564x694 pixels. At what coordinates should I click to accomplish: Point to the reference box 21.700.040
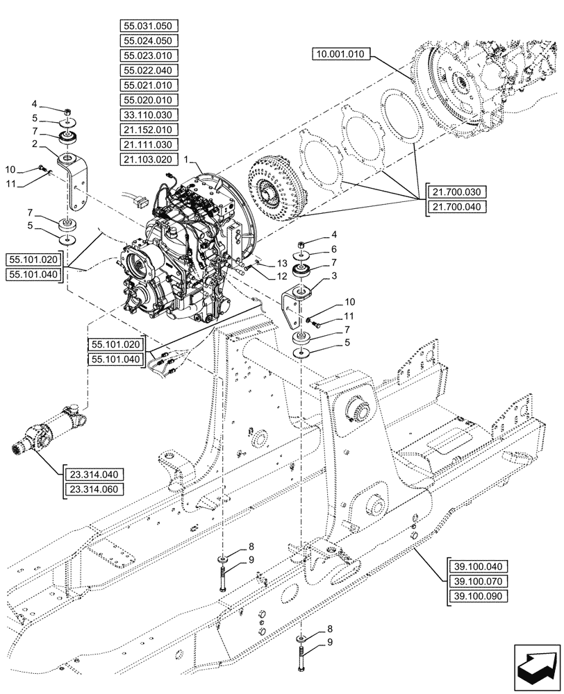click(x=459, y=206)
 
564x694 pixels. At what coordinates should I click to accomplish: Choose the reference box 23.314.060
click(x=93, y=489)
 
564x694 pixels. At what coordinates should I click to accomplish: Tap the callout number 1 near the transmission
click(x=187, y=160)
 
